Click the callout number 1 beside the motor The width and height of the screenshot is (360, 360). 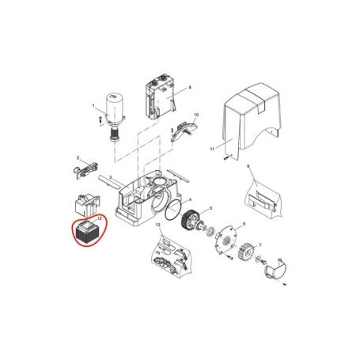[x=93, y=107]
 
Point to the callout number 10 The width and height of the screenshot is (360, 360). [x=196, y=116]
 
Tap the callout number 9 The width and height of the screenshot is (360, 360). [x=247, y=167]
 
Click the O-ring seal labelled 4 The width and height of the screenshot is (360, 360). [x=168, y=210]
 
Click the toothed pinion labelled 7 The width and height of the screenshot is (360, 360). [x=246, y=252]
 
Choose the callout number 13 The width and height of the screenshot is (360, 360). [x=158, y=227]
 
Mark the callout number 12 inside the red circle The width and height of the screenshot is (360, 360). [x=99, y=218]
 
